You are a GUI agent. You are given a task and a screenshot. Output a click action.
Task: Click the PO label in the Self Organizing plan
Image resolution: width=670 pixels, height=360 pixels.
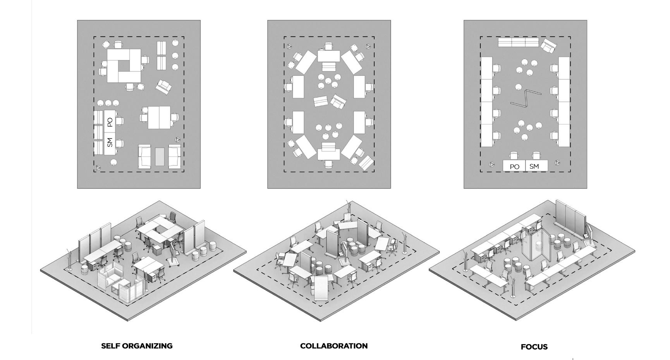[110, 122]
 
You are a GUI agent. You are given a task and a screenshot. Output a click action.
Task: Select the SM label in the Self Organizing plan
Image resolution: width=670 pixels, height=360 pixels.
[110, 142]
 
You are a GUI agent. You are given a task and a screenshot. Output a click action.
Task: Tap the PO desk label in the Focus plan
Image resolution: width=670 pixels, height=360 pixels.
[514, 167]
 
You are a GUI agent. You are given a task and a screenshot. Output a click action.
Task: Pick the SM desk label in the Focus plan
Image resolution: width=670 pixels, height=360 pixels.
[534, 166]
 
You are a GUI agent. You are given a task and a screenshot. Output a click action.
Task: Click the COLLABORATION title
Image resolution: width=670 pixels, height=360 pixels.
[333, 346]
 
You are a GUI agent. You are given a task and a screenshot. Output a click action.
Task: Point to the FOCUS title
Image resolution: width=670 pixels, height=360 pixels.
[534, 347]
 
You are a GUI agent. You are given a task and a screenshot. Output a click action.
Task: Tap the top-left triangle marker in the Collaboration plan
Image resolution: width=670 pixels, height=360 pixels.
[289, 46]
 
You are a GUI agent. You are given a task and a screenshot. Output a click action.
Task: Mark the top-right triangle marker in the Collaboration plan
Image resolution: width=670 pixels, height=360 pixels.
[368, 46]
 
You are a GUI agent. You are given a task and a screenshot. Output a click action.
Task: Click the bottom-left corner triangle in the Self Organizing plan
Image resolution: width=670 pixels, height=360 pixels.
[98, 168]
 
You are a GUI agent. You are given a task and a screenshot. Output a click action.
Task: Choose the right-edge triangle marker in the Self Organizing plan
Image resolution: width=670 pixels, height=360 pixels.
[178, 139]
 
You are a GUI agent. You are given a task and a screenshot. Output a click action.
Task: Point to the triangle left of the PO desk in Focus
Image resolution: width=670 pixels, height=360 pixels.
[492, 165]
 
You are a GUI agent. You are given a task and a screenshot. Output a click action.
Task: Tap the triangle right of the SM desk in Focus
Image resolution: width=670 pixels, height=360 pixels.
[557, 163]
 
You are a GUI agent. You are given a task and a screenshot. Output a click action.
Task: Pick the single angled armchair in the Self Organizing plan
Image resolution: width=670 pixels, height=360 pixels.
[164, 86]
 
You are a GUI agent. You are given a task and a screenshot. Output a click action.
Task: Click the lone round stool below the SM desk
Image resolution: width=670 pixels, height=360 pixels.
[113, 162]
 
